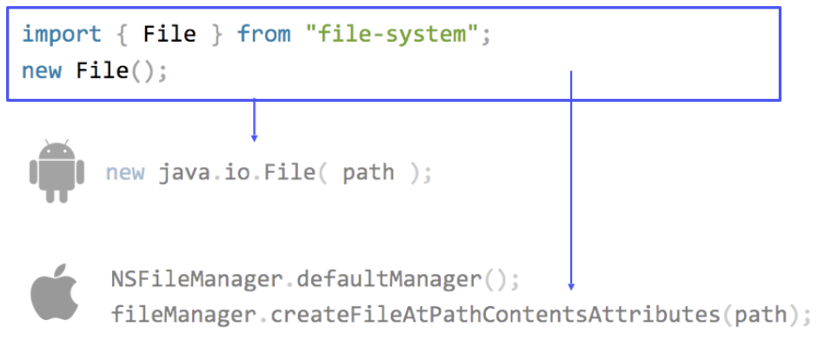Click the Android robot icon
(57, 171)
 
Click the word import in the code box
(62, 35)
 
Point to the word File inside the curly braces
(170, 35)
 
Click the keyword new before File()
(41, 70)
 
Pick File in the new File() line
(103, 70)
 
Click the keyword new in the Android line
(125, 172)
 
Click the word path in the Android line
(368, 172)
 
